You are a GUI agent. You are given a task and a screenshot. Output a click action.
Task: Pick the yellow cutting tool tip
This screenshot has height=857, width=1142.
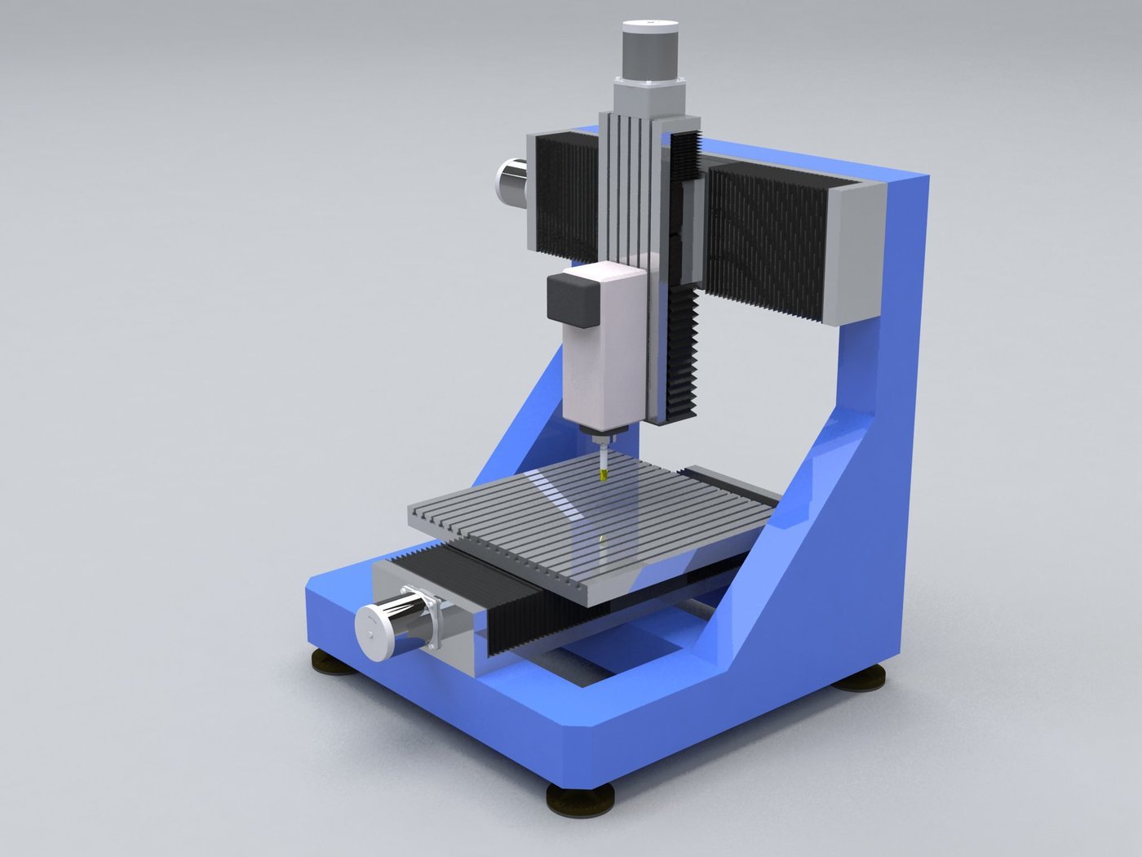tap(603, 473)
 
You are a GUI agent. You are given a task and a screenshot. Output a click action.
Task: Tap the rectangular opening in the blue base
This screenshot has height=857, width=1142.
tap(620, 653)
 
